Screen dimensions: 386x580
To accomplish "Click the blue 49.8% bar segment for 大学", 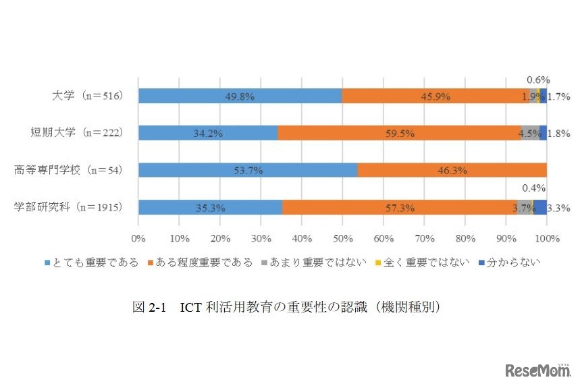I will pyautogui.click(x=240, y=96).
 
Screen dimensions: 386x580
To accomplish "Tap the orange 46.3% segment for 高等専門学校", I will pyautogui.click(x=452, y=170).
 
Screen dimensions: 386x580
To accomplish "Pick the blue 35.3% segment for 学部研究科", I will pyautogui.click(x=210, y=207).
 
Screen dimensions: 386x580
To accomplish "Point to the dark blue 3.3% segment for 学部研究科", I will pyautogui.click(x=540, y=207).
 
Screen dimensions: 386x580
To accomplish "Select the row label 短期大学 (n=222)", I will pyautogui.click(x=76, y=133).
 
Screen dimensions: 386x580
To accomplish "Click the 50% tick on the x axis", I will pyautogui.click(x=342, y=238).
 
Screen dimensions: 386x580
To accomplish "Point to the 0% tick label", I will pyautogui.click(x=138, y=238).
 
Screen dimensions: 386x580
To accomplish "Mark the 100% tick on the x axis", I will pyautogui.click(x=546, y=238).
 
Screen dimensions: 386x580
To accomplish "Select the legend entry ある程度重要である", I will pyautogui.click(x=199, y=262).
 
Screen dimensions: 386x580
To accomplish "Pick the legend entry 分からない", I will pyautogui.click(x=508, y=262).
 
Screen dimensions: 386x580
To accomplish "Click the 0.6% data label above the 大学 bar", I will pyautogui.click(x=538, y=80).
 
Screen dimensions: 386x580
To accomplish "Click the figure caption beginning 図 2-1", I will pyautogui.click(x=286, y=307).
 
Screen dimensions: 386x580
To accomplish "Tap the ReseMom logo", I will pyautogui.click(x=536, y=370).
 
